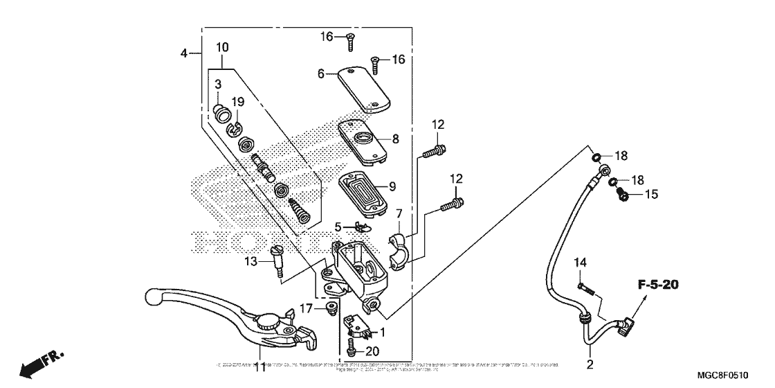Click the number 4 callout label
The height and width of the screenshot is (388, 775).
(183, 53)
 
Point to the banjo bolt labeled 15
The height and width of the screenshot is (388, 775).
(623, 195)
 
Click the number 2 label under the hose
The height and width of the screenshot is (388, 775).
(590, 364)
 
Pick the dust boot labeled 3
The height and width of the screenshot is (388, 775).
(221, 113)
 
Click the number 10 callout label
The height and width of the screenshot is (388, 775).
(222, 47)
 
